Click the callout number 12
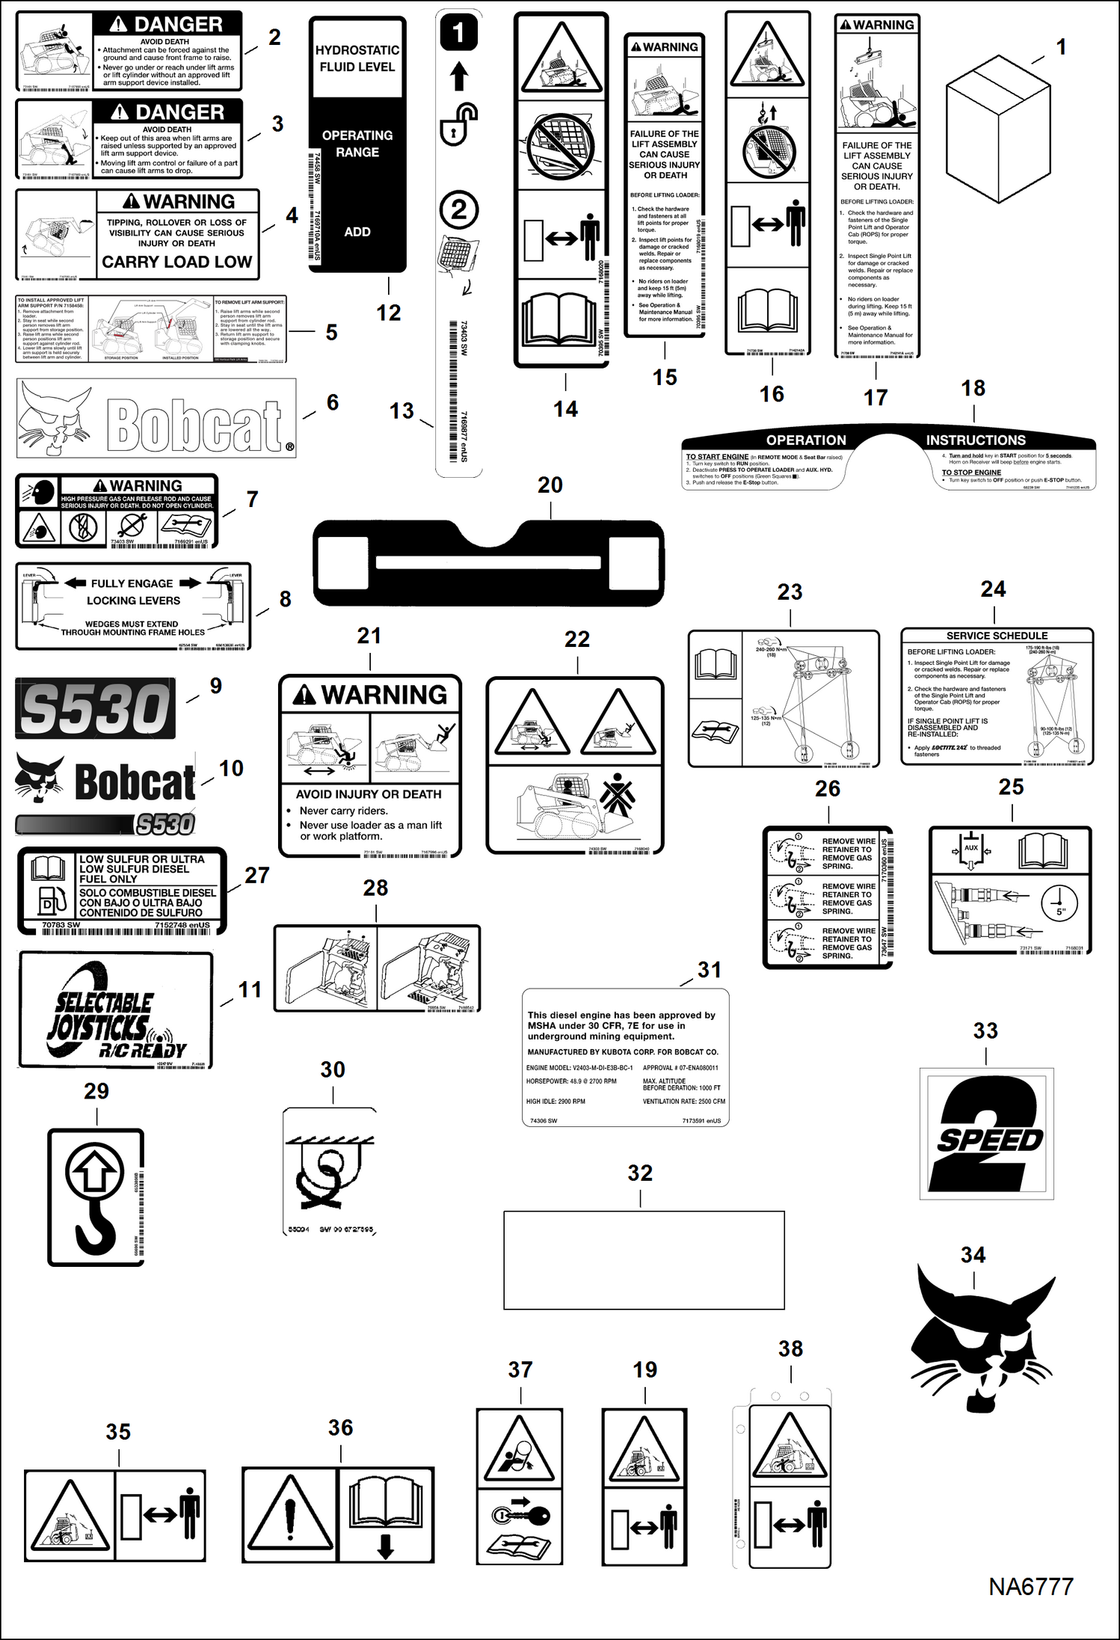pyautogui.click(x=388, y=313)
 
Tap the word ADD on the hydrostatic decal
pyautogui.click(x=357, y=232)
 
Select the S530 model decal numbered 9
pyautogui.click(x=95, y=708)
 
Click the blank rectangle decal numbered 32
pyautogui.click(x=644, y=1259)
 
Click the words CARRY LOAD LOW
pyautogui.click(x=177, y=262)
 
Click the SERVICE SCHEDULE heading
pyautogui.click(x=997, y=636)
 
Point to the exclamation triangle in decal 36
pyautogui.click(x=290, y=1515)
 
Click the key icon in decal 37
pyautogui.click(x=521, y=1515)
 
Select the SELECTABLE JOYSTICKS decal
pyautogui.click(x=116, y=1010)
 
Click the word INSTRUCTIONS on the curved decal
pyautogui.click(x=976, y=440)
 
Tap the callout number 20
pyautogui.click(x=550, y=485)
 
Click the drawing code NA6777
pyautogui.click(x=1030, y=1587)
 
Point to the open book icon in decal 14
pyautogui.click(x=561, y=318)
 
